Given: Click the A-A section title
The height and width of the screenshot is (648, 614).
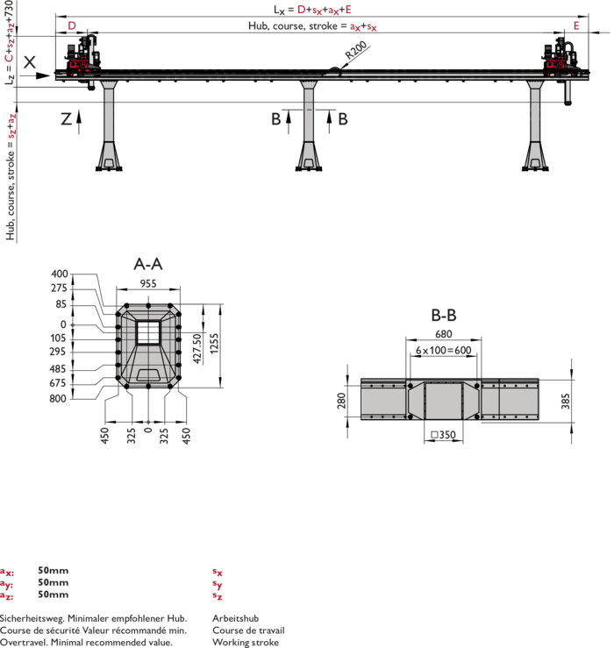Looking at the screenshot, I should pos(148,263).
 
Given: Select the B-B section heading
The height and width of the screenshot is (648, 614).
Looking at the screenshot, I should pos(444,316).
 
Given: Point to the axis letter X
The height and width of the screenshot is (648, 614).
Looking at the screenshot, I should pos(30,61).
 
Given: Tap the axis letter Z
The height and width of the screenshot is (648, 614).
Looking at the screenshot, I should pos(66,118).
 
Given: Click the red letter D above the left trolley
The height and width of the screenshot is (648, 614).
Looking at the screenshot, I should pos(72,25).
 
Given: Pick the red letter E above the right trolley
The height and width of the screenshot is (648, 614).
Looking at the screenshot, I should pos(576,25).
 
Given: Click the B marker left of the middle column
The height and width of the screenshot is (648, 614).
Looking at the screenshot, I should pos(275,118).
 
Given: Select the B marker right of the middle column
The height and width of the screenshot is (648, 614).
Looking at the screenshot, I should pos(343,118).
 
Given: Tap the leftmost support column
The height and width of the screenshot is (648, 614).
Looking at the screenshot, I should pos(109,123).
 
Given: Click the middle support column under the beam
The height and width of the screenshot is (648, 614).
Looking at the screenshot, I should pos(308,123).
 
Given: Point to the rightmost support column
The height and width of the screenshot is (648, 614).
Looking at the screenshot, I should pos(535,123).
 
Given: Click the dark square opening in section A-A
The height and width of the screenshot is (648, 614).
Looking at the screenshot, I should pos(148,332).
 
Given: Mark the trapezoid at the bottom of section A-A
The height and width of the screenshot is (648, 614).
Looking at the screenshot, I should pos(148,374).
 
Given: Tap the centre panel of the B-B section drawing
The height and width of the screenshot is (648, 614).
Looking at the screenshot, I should pos(444,400).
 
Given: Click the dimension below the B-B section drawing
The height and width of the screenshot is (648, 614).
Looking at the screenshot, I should pos(447,434).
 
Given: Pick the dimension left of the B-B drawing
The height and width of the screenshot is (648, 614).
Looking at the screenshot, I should pos(340,401).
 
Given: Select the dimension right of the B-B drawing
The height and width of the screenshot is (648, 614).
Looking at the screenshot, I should pos(564,401).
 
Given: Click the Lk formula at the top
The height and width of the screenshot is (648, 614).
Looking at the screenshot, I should pos(312,10).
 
